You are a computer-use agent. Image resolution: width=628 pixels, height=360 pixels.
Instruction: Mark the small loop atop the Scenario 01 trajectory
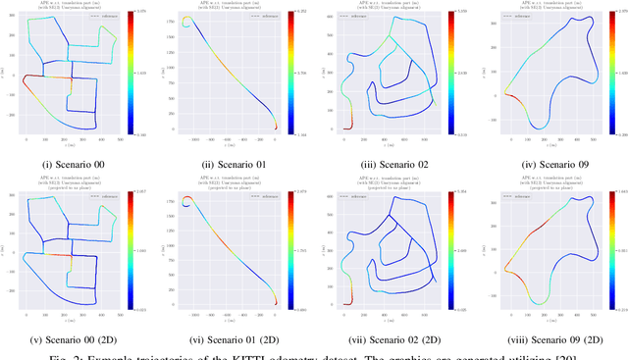tap(186, 21)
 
